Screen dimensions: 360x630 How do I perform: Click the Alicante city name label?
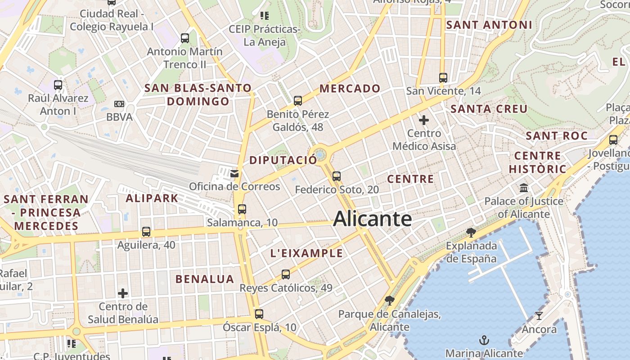[372, 219]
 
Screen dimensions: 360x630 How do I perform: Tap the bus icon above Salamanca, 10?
[242, 209]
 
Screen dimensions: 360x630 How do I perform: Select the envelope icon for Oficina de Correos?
[234, 174]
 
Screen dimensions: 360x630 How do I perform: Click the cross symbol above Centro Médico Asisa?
[424, 120]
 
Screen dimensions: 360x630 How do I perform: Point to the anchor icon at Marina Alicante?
[484, 340]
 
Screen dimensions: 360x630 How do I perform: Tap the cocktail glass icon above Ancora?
[539, 315]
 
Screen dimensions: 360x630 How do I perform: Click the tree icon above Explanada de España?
[471, 233]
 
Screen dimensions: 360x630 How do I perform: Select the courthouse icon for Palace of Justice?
[524, 188]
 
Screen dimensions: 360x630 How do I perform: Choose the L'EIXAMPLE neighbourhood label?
[306, 253]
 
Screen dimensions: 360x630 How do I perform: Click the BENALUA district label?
[205, 279]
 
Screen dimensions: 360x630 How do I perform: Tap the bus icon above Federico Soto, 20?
[337, 176]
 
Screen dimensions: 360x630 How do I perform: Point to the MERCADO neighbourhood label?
[350, 89]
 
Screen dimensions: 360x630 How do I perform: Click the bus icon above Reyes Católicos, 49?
[286, 274]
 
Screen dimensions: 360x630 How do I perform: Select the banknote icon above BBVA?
[119, 104]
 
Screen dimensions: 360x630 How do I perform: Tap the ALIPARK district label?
[152, 198]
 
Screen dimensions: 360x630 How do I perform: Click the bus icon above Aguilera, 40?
[146, 232]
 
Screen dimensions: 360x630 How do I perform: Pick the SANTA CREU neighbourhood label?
[489, 109]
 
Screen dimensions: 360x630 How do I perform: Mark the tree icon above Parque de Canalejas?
[390, 301]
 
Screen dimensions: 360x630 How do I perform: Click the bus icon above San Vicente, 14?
[443, 78]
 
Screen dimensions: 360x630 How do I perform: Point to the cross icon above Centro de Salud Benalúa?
[123, 293]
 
